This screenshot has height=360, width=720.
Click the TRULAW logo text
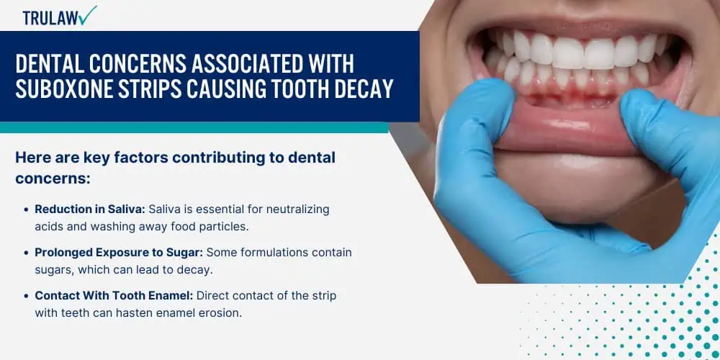(50, 18)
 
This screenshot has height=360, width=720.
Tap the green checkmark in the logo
(87, 14)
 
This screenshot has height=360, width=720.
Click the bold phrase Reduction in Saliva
(90, 210)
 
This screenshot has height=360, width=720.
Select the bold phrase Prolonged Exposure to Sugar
(119, 253)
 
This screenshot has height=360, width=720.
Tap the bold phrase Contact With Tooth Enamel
(114, 296)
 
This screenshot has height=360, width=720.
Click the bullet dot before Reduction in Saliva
(27, 210)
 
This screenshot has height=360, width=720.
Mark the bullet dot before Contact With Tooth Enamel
(27, 296)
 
